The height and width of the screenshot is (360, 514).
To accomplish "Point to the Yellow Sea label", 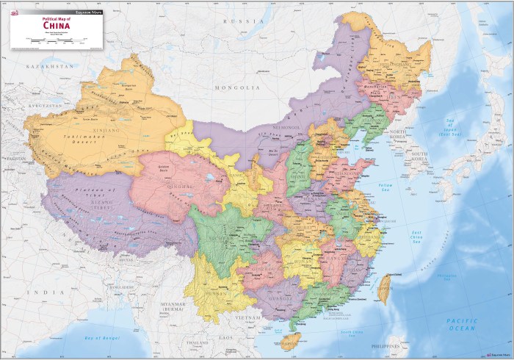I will point(383,188).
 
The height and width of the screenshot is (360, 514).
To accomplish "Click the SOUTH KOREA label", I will point(419,156).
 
